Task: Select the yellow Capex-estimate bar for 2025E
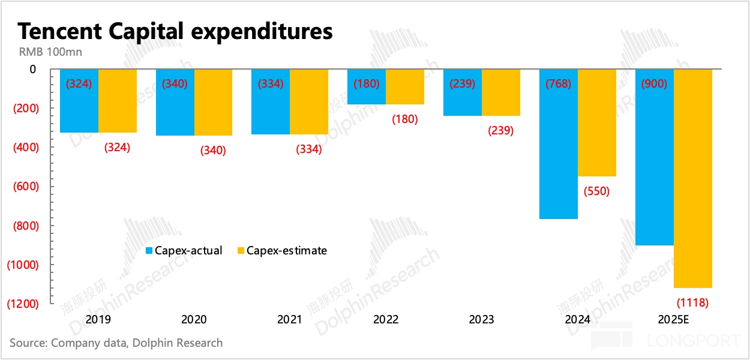693,180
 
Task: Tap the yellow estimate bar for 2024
597,132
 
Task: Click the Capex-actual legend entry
184,251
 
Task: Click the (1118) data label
692,303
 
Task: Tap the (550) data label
596,191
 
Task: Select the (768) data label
558,84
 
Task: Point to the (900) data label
654,84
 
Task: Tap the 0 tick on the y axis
33,70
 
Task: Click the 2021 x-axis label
290,320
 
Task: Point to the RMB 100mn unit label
50,52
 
